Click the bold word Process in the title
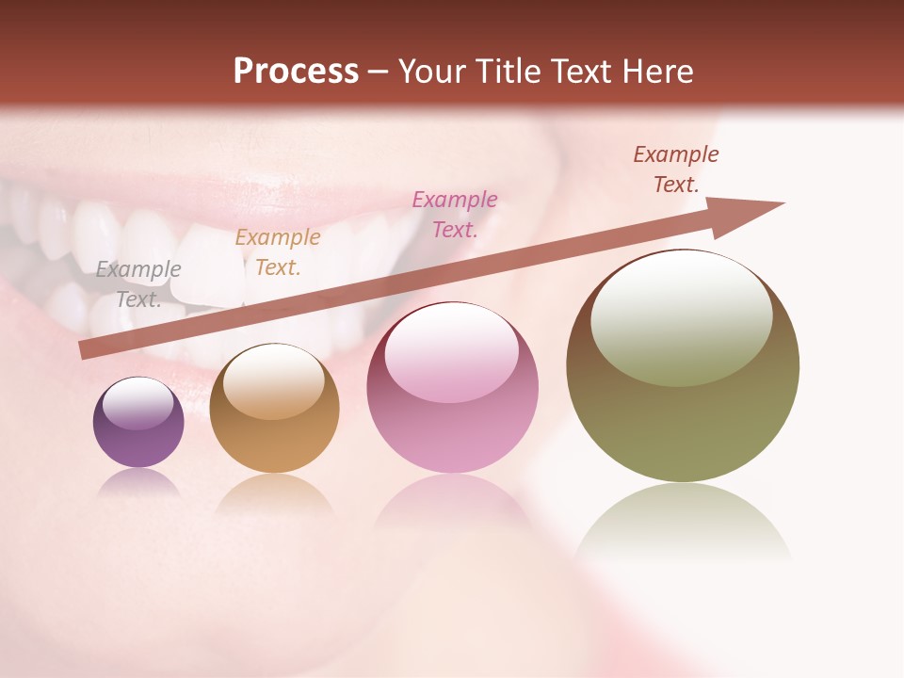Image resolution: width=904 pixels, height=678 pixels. (x=296, y=71)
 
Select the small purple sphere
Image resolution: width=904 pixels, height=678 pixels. (x=138, y=423)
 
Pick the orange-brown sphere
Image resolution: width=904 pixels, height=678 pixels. (x=274, y=409)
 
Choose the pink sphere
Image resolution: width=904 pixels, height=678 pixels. (x=452, y=388)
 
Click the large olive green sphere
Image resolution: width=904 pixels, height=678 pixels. (x=683, y=367)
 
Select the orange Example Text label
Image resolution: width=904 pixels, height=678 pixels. (x=278, y=252)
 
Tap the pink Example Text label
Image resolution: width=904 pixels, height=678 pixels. (x=455, y=214)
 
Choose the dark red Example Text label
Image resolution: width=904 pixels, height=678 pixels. (x=676, y=169)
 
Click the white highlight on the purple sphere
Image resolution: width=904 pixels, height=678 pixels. (x=138, y=403)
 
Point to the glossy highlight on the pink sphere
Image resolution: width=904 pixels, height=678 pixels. (x=451, y=351)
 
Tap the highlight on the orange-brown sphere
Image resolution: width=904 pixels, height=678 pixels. (x=273, y=379)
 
